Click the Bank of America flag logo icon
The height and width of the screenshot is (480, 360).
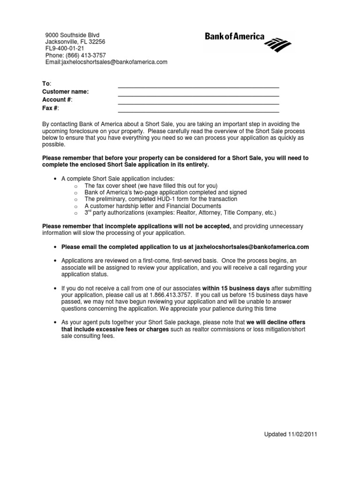pyautogui.click(x=278, y=45)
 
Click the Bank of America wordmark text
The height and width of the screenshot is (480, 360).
pyautogui.click(x=234, y=37)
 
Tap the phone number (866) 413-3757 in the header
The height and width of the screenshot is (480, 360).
pyautogui.click(x=82, y=55)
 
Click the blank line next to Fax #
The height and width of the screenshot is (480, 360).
pyautogui.click(x=198, y=112)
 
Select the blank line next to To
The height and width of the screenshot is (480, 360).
pyautogui.click(x=198, y=87)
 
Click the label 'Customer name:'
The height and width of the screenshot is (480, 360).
pyautogui.click(x=65, y=92)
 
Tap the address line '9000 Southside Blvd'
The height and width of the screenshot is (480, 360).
pyautogui.click(x=72, y=35)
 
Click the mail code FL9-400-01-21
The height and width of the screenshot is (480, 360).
pyautogui.click(x=65, y=48)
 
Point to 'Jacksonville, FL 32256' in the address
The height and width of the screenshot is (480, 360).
pyautogui.click(x=75, y=42)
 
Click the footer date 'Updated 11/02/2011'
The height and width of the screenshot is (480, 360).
pyautogui.click(x=291, y=435)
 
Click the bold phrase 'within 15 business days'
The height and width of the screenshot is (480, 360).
pyautogui.click(x=236, y=288)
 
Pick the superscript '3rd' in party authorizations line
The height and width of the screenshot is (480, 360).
pyautogui.click(x=89, y=212)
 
